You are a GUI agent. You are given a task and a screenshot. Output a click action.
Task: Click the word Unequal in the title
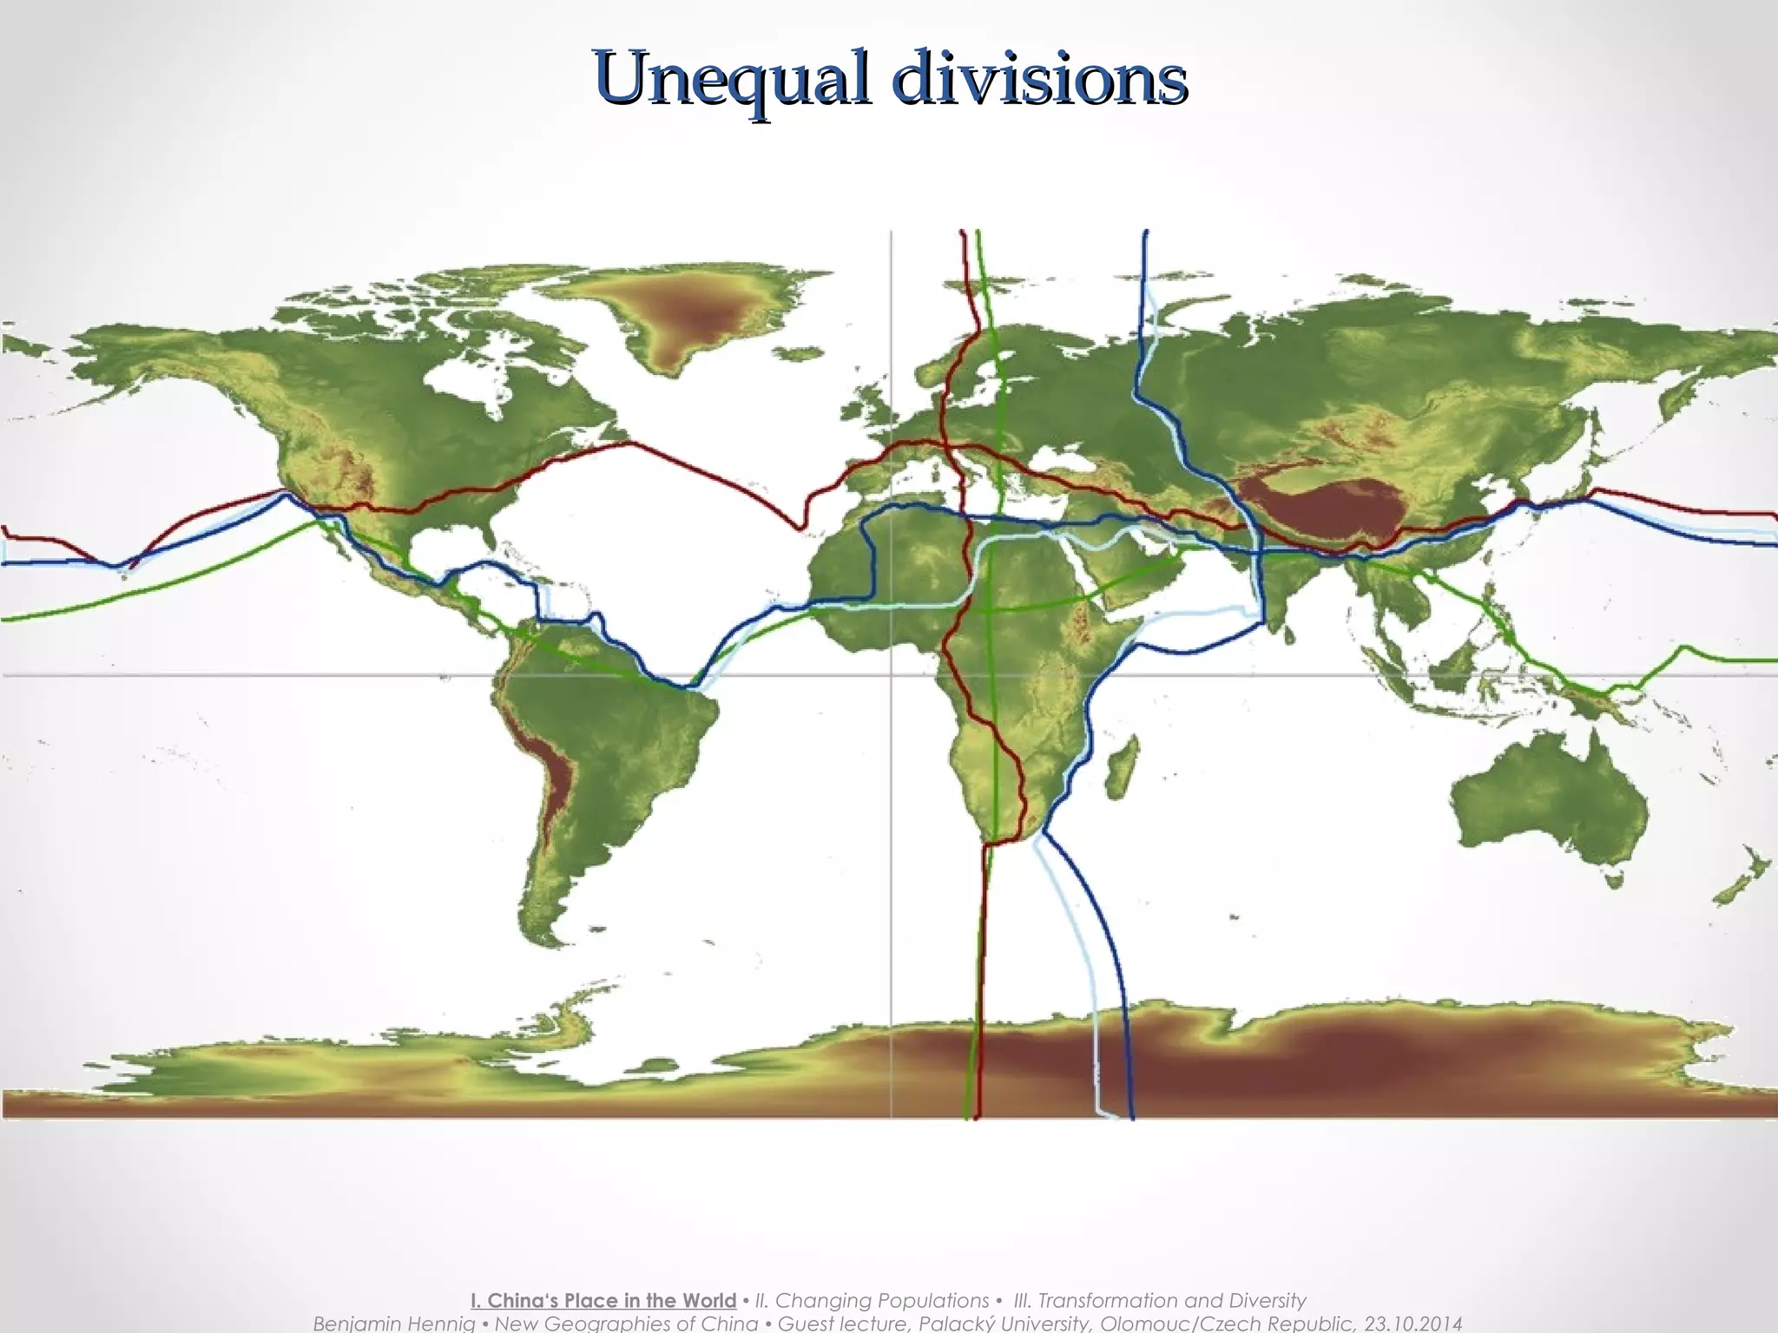pyautogui.click(x=732, y=78)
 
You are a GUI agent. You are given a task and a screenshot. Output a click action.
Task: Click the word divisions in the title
pyautogui.click(x=1040, y=78)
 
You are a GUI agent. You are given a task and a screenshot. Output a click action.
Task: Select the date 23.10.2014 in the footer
pyautogui.click(x=1413, y=1323)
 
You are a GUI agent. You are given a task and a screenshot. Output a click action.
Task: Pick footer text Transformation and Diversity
pyautogui.click(x=1171, y=1301)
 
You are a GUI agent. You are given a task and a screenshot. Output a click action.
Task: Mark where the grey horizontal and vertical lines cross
pyautogui.click(x=892, y=674)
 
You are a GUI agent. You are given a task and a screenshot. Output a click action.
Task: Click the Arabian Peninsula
pyautogui.click(x=1129, y=573)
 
